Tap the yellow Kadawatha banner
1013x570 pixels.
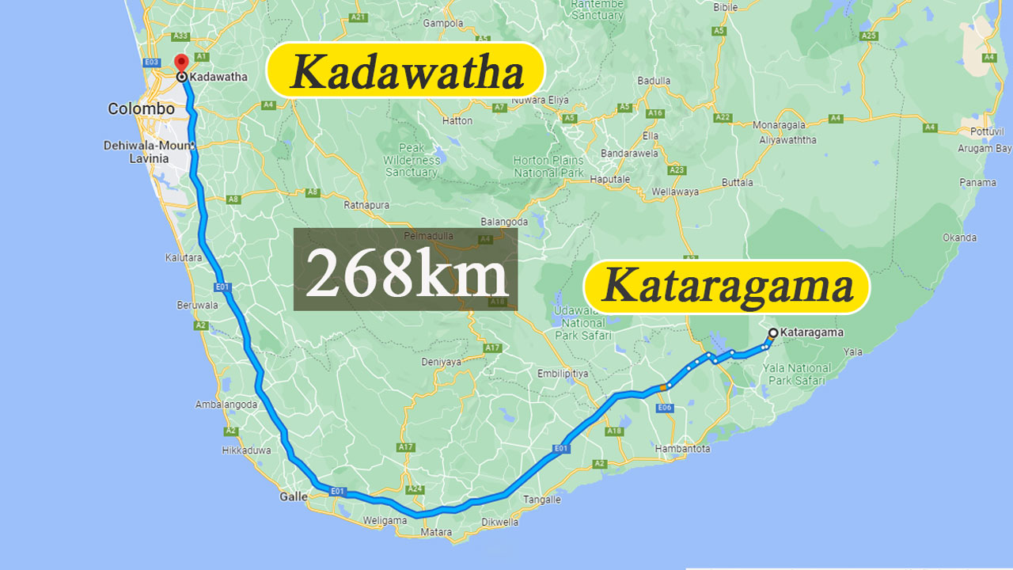pos(407,72)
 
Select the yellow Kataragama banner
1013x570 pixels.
pos(727,286)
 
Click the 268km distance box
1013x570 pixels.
pos(405,269)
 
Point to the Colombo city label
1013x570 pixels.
pos(141,109)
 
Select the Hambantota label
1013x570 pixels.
pos(683,449)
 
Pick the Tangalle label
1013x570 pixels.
pos(542,500)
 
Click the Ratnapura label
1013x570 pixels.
pos(366,205)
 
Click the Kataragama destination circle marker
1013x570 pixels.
pos(772,332)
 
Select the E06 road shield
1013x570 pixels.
pos(665,408)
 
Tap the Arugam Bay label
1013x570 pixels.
pos(985,148)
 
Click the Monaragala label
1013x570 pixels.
pos(779,125)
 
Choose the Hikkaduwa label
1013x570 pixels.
pos(246,450)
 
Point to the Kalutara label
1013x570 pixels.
pos(184,257)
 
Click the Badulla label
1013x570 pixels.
pos(654,81)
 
